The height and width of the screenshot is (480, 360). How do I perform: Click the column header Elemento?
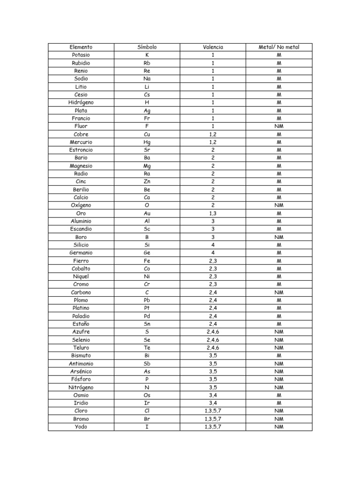tap(81, 47)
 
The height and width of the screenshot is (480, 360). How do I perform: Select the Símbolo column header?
tap(147, 47)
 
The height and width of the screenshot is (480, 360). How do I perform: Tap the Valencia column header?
tap(213, 47)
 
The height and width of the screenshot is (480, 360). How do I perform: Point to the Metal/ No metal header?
tap(279, 47)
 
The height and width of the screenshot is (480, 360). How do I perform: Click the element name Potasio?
tap(81, 55)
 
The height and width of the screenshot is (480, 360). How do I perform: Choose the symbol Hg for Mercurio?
tap(147, 142)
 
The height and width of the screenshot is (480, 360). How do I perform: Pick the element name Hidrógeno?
tap(81, 102)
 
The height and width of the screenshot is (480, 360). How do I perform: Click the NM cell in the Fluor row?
tap(279, 126)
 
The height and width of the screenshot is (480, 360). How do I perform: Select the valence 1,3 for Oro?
tap(213, 213)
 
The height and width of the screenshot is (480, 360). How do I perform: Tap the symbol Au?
tap(147, 213)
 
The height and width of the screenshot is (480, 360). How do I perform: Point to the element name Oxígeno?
tap(81, 205)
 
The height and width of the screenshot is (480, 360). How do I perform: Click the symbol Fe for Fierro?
tap(147, 261)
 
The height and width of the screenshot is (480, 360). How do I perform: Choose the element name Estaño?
tap(81, 324)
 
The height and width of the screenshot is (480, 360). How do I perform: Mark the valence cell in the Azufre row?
tap(213, 332)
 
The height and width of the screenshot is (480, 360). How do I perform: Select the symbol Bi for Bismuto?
tap(147, 356)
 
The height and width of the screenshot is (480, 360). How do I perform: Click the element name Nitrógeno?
tap(81, 387)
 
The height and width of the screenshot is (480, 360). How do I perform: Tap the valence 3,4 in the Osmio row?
tap(213, 395)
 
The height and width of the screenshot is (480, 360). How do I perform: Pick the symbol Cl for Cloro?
tap(147, 411)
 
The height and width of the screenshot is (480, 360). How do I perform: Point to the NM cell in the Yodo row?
tap(279, 427)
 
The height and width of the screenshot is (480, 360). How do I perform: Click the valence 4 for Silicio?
tap(213, 245)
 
